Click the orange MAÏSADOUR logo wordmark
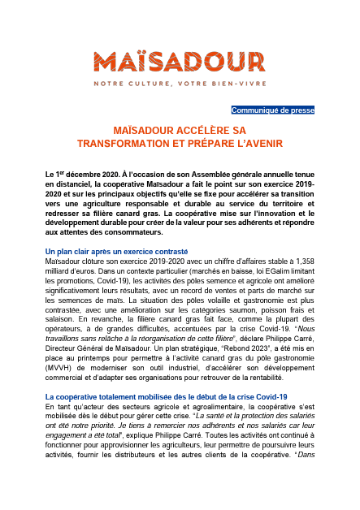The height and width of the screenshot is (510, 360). point(180,61)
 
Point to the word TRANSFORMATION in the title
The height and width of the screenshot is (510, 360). point(154,142)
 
